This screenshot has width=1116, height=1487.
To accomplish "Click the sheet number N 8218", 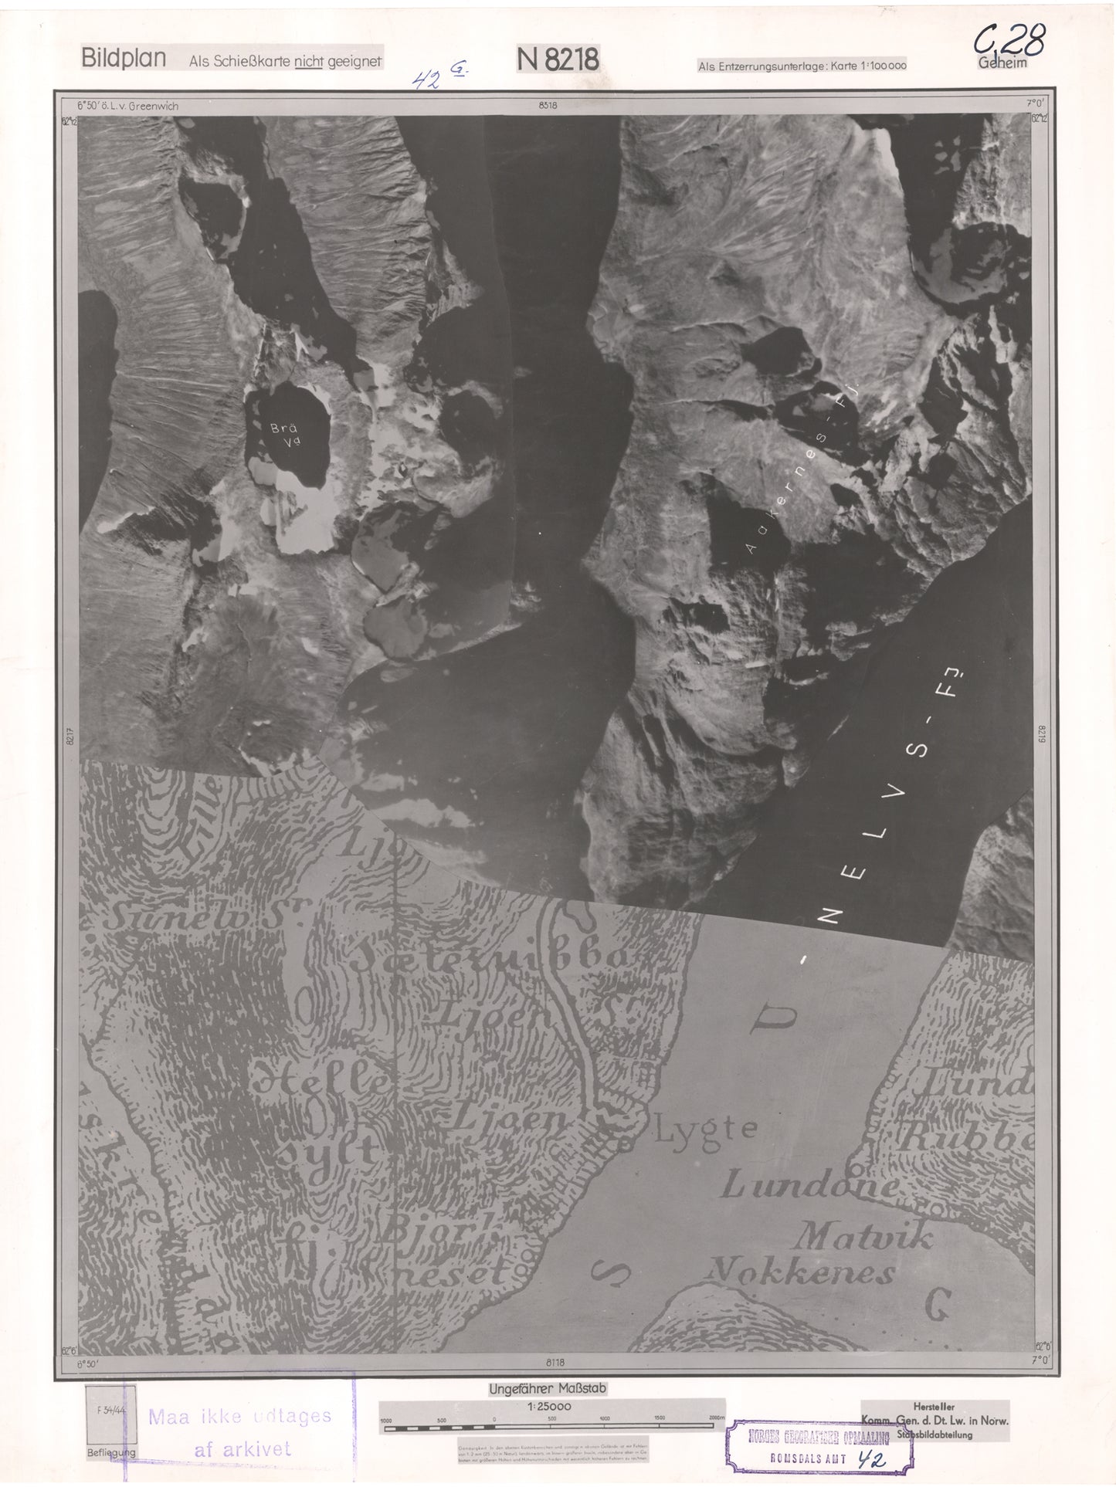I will [558, 59].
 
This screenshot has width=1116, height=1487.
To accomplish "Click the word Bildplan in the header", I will [124, 59].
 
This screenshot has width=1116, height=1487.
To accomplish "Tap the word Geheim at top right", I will [1002, 64].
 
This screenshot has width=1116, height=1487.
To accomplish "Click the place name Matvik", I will [865, 1238].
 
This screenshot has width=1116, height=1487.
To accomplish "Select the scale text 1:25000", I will [549, 1407].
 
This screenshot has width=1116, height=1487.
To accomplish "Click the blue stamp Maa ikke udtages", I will [239, 1418].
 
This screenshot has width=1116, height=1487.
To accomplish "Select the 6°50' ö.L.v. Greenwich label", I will [127, 107].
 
